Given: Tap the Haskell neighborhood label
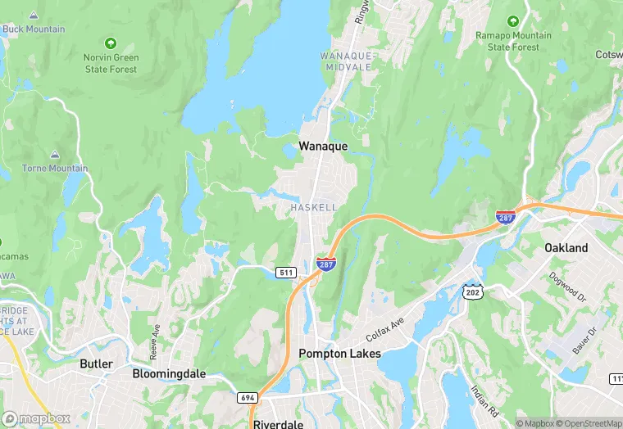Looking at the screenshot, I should (313, 208).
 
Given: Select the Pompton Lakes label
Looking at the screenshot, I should (335, 354).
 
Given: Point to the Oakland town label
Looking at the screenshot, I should (566, 247).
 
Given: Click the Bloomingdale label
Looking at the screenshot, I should (169, 374).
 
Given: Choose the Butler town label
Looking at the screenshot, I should (96, 363).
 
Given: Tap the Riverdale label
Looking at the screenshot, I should (280, 424).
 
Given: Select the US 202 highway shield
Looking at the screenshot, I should (471, 291).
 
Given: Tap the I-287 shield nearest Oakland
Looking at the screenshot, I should (506, 217).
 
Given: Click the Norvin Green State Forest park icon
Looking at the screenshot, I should (111, 43).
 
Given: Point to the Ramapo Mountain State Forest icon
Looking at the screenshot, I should (513, 21).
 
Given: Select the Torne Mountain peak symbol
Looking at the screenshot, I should (55, 154).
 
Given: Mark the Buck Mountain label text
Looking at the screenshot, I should (34, 29).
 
